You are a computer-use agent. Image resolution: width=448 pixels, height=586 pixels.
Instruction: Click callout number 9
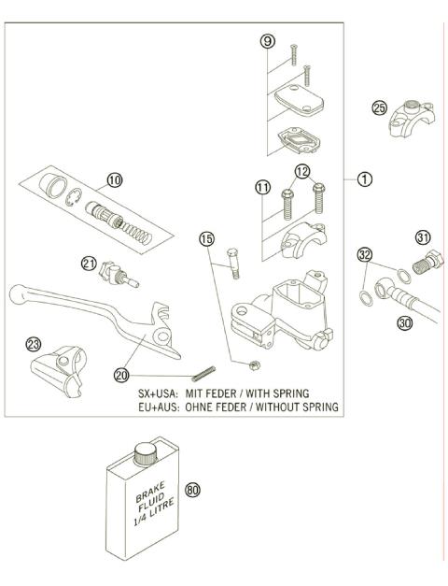268,41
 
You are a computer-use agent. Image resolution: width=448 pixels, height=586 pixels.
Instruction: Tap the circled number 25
379,107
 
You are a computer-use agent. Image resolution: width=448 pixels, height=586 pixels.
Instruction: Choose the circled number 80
194,490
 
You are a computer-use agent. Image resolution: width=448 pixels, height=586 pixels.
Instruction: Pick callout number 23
34,344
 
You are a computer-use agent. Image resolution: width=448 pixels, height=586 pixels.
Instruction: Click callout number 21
90,264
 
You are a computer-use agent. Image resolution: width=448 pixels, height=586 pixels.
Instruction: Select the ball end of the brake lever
15,293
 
